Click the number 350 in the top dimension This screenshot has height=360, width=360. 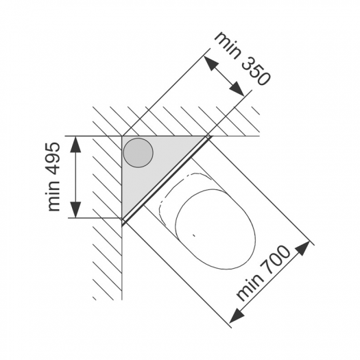[255, 71]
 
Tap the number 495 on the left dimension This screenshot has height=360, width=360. [53, 160]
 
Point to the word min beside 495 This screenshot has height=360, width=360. [53, 196]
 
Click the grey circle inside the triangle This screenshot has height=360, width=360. [138, 153]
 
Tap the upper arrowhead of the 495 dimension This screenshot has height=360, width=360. [75, 145]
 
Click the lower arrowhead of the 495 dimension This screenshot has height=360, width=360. [75, 209]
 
